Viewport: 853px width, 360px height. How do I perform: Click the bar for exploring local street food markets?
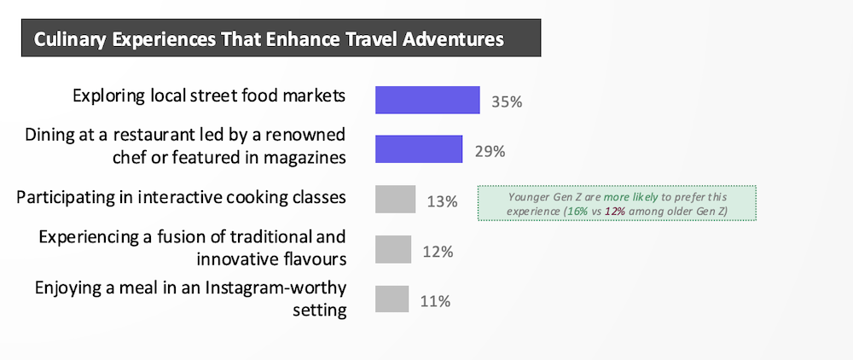pos(427,100)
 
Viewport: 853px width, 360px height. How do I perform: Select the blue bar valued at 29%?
pos(419,149)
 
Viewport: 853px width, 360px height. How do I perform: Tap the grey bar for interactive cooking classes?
pos(396,199)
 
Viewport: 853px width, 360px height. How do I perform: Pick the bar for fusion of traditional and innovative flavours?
pos(393,249)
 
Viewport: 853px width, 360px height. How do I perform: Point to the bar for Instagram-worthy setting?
pos(392,299)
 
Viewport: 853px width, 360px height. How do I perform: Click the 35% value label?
pos(507,102)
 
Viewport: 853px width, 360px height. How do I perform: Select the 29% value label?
pos(490,151)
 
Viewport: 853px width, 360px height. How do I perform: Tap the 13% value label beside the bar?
pos(442,201)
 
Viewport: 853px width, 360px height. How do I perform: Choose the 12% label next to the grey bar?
pos(438,252)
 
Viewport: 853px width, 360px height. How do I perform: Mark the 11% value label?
pos(435,301)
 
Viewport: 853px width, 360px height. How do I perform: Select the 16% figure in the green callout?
pos(577,211)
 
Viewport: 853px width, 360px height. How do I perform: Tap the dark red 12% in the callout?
pos(613,211)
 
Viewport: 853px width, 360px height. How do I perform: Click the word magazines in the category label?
pos(305,158)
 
